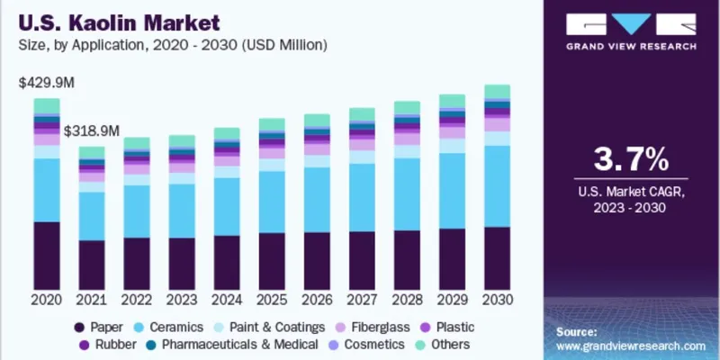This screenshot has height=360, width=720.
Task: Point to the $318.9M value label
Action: [x=92, y=130]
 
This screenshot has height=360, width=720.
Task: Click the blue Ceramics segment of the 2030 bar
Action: [x=498, y=185]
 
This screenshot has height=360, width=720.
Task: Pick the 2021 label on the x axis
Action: [x=92, y=298]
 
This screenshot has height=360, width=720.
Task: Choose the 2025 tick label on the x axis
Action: [x=272, y=298]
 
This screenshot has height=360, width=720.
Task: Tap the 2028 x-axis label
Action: [x=407, y=298]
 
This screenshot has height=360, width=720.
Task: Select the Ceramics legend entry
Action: [x=166, y=327]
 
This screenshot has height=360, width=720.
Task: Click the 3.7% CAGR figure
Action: [x=630, y=160]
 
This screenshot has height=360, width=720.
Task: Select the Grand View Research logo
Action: [x=630, y=31]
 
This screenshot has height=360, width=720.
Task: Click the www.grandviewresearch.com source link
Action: [x=630, y=345]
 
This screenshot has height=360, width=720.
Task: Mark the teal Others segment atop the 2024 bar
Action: [x=227, y=134]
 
